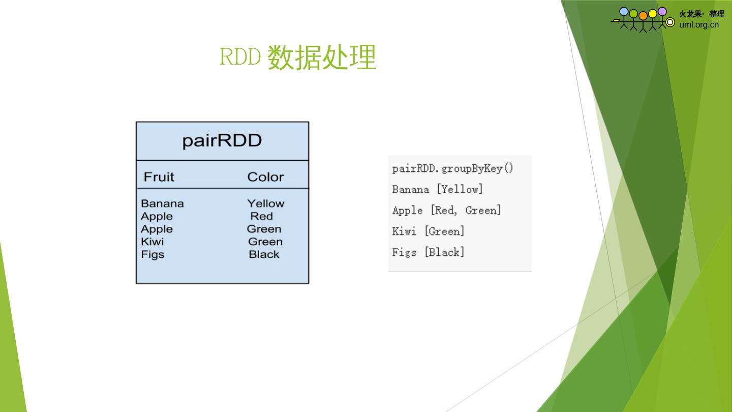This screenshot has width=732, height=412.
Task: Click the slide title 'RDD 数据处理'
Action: (x=297, y=57)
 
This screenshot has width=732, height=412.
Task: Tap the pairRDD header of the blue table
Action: (x=222, y=140)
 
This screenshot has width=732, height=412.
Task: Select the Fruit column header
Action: (x=159, y=177)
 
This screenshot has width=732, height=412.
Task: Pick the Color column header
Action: (x=265, y=177)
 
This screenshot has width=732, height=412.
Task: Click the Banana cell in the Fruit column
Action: (x=162, y=203)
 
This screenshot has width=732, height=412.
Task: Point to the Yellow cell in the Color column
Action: (x=266, y=203)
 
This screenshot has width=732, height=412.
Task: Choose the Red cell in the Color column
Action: (x=261, y=216)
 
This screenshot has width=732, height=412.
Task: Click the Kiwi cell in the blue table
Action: (x=152, y=242)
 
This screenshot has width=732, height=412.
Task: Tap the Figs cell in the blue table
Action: (x=152, y=254)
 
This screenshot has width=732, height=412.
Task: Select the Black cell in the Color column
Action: (x=264, y=254)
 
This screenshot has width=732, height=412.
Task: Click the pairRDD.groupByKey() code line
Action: (x=453, y=168)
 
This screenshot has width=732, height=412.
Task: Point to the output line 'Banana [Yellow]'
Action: (x=437, y=189)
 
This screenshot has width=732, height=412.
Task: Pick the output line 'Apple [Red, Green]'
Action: (x=446, y=210)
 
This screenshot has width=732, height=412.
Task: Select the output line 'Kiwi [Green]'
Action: (x=428, y=231)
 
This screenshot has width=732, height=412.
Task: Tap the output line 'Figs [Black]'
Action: (x=428, y=252)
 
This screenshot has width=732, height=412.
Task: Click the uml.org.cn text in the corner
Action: (x=699, y=24)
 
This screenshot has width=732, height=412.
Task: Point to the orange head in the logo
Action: (x=643, y=16)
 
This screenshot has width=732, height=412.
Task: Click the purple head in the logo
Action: (x=662, y=11)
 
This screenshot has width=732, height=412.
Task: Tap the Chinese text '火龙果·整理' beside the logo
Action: (x=701, y=14)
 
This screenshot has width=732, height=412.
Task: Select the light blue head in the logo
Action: (x=624, y=11)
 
